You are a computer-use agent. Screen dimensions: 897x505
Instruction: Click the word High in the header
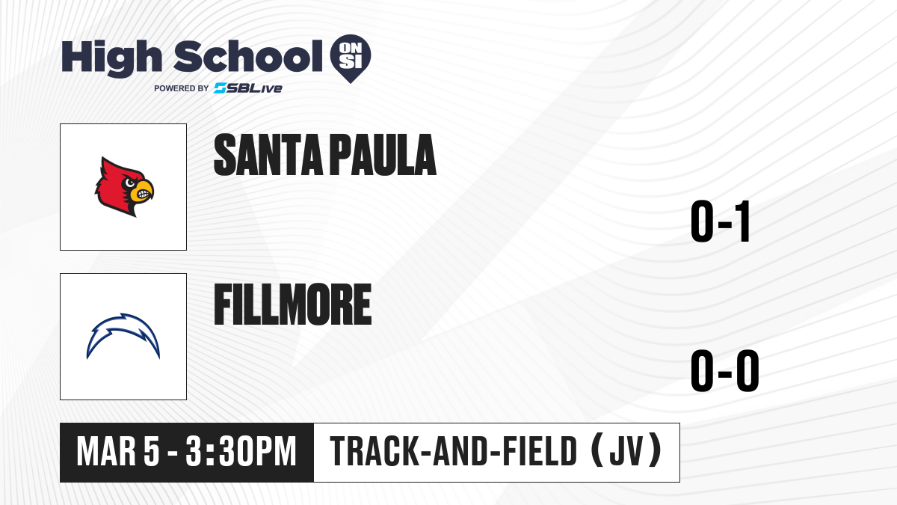point(111,58)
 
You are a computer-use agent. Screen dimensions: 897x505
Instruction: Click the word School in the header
point(248,56)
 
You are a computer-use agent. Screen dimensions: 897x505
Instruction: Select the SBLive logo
point(248,88)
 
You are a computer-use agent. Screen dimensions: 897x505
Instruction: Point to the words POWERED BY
point(182,88)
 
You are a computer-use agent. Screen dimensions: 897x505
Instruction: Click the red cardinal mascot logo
point(124,187)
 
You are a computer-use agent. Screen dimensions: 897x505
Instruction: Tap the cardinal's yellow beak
point(143,192)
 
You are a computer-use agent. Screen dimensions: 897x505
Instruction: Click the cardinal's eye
point(130,183)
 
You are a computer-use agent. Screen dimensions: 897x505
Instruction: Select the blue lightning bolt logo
point(123,336)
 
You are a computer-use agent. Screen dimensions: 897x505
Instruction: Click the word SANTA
point(268,155)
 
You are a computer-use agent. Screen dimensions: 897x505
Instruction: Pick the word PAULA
point(384,155)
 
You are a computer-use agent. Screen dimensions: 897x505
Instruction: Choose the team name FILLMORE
point(293,304)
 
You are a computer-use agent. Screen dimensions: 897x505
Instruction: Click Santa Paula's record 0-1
point(721,221)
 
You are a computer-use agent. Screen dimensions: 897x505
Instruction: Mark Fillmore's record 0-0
point(725,371)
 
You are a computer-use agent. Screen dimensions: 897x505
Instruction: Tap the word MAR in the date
point(106,452)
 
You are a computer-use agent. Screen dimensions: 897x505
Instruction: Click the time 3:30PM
point(241,452)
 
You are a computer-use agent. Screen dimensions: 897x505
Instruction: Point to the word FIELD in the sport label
point(540,452)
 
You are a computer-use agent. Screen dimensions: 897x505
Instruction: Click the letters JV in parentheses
point(626,452)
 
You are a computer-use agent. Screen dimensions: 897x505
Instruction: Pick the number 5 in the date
point(152,452)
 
